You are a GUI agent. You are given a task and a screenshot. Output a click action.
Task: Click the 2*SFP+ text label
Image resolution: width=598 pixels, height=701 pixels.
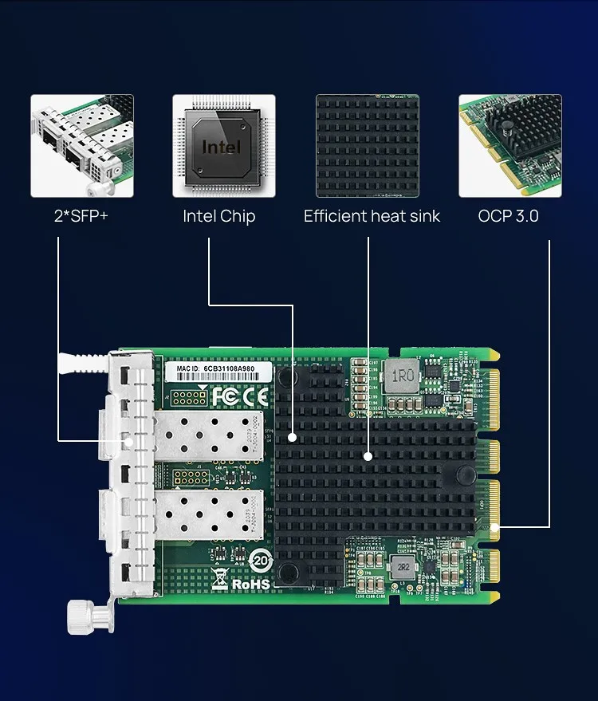(81, 216)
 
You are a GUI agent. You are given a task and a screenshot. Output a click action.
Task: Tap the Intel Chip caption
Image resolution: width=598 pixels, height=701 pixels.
(218, 216)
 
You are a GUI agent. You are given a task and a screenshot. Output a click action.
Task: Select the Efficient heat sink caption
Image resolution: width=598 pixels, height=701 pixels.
(372, 216)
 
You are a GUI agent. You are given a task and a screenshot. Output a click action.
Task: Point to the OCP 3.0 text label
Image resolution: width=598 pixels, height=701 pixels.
(508, 216)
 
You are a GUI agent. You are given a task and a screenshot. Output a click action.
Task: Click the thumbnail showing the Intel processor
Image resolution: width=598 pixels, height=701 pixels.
(224, 146)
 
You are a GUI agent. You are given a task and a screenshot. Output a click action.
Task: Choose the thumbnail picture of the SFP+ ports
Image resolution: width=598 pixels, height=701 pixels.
(82, 146)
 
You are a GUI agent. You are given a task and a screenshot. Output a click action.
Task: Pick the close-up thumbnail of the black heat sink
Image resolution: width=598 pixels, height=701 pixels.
(367, 146)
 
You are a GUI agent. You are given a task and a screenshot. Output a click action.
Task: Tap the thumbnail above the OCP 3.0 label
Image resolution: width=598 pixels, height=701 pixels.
(509, 146)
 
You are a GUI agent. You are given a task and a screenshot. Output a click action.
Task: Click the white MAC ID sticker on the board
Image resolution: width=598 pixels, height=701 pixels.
(219, 372)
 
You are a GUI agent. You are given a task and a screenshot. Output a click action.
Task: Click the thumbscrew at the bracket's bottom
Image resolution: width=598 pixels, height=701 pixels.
(85, 615)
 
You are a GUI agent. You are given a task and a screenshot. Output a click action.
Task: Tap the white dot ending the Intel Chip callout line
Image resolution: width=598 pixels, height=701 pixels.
(293, 437)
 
